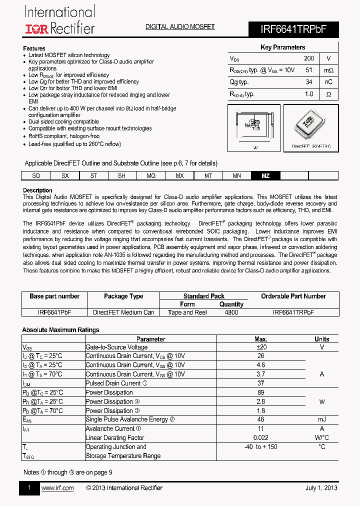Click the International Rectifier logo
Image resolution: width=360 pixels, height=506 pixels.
click(59, 20)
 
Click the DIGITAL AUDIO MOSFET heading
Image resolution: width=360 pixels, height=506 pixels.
click(179, 26)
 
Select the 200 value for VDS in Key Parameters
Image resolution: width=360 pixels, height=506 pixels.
click(308, 58)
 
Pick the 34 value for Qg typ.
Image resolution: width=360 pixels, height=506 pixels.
click(308, 82)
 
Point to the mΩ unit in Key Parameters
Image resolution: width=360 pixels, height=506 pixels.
click(328, 70)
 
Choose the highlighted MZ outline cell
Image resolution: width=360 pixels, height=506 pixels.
click(265, 176)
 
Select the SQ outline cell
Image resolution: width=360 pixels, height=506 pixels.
click(35, 176)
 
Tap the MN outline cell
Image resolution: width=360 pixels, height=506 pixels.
click(236, 176)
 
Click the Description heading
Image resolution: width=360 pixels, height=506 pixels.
click(37, 190)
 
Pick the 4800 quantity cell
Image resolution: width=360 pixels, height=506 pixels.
click(231, 312)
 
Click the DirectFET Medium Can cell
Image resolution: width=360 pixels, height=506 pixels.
click(123, 312)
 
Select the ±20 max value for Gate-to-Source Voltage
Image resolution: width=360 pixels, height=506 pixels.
click(261, 347)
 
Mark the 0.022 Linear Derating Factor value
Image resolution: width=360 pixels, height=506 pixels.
click(261, 437)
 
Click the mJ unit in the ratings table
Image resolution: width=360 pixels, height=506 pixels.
click(322, 419)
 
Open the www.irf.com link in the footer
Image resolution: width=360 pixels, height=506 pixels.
click(57, 488)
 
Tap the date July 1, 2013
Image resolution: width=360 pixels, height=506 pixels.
click(321, 488)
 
